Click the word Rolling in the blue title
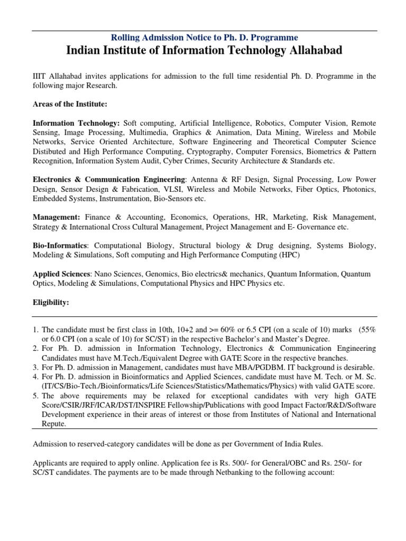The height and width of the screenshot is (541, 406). pos(125,38)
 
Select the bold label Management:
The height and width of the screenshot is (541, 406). pos(57,217)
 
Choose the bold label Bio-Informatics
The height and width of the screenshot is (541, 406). pos(60,246)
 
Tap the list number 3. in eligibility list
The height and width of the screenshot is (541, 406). pos(36,367)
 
